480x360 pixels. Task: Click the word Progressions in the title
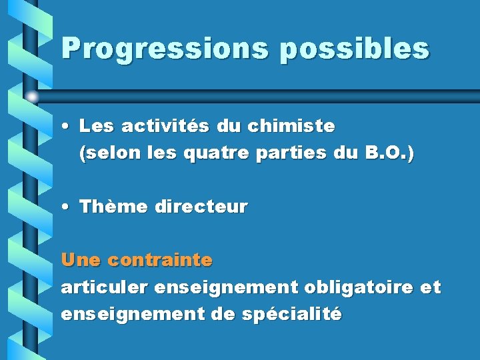coord(163,49)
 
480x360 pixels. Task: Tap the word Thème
coord(113,207)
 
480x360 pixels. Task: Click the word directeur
coord(201,207)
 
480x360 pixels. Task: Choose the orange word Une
coord(81,259)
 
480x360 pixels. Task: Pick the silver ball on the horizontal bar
coord(31,96)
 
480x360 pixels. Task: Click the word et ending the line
coord(431,287)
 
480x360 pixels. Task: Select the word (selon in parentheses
coord(103,154)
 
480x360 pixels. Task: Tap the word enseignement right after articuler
coord(227,287)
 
